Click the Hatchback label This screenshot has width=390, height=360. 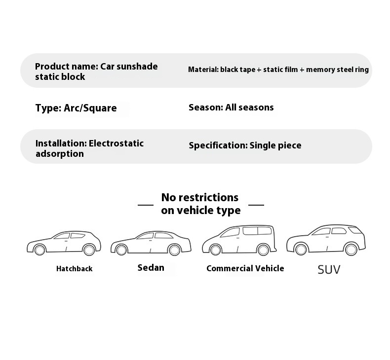pos(74,269)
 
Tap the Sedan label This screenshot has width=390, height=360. pos(151,268)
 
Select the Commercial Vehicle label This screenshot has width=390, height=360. pos(245,268)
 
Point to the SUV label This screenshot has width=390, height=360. pos(329,269)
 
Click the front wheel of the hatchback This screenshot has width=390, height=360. pos(40,250)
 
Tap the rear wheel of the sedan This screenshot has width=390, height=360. pos(174,250)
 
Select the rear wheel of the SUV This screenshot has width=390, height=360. pos(351,249)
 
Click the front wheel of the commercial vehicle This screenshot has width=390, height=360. pos(215,250)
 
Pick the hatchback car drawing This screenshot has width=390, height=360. pos(64,243)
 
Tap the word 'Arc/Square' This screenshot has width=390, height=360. pos(90,108)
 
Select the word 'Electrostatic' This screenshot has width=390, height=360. pos(116,144)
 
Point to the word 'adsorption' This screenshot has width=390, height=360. pos(59,154)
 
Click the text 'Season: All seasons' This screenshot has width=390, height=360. pos(231,108)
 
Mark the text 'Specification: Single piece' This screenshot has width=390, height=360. pos(245,145)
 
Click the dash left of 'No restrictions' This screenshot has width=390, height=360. pos(145,204)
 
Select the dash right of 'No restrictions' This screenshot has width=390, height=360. pos(256,204)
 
